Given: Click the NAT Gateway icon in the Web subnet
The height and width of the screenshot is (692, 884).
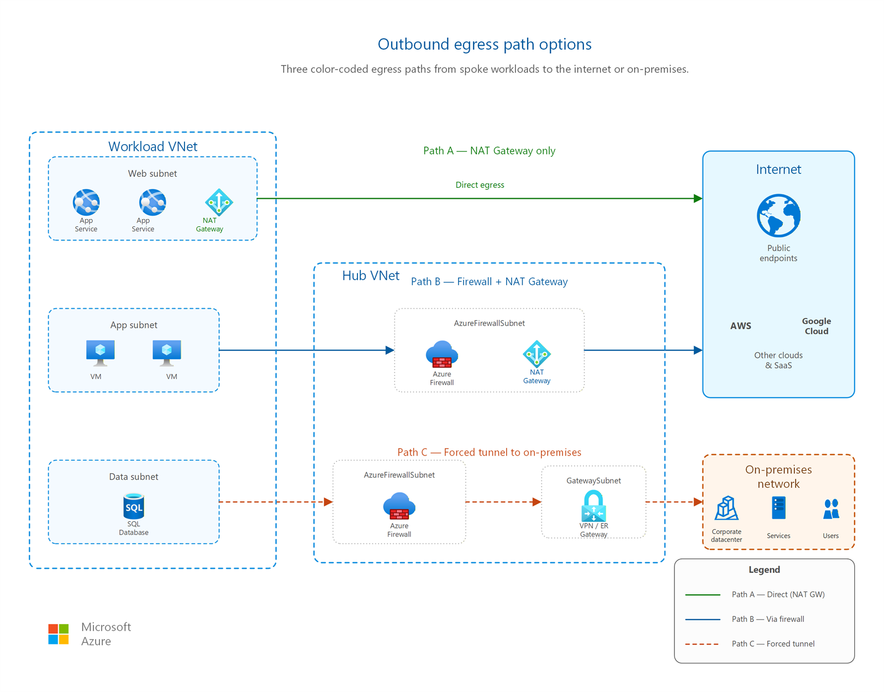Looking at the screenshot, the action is coord(218,202).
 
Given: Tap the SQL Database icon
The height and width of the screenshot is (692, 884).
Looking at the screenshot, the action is coord(134,506).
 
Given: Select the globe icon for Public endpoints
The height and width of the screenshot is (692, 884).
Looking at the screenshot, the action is coord(778,215).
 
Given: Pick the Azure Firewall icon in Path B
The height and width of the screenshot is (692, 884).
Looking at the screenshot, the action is coord(442,354).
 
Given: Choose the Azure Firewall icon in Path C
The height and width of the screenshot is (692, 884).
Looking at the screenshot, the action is coord(399,506).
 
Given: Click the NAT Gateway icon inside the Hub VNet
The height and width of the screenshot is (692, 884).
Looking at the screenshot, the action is coord(536,353).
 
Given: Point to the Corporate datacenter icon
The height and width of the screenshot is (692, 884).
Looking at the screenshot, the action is coord(726,508).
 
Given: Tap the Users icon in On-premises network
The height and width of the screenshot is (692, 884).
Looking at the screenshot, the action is coord(831,509).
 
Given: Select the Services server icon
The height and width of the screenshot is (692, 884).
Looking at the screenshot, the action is coord(778,508).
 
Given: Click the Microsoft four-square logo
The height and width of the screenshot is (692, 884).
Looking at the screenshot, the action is coord(58,634).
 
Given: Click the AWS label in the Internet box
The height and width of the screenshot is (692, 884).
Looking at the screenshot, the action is coord(740,326).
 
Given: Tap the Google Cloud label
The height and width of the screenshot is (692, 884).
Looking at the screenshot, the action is coord(816,326).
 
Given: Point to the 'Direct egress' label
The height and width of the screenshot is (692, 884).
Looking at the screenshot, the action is coord(480,184).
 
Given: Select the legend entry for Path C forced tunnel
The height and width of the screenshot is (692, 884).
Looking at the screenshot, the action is coord(749,643).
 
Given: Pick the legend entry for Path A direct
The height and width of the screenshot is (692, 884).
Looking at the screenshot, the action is coord(755,594).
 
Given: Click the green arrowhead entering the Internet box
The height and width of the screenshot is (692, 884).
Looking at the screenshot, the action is coord(698,198).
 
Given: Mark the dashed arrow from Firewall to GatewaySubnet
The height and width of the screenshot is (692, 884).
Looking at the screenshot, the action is coord(503,501).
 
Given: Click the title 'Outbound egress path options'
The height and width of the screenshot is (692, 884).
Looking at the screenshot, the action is coord(485,44).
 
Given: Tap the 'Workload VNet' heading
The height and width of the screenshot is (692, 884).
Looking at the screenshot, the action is coord(152,146).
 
